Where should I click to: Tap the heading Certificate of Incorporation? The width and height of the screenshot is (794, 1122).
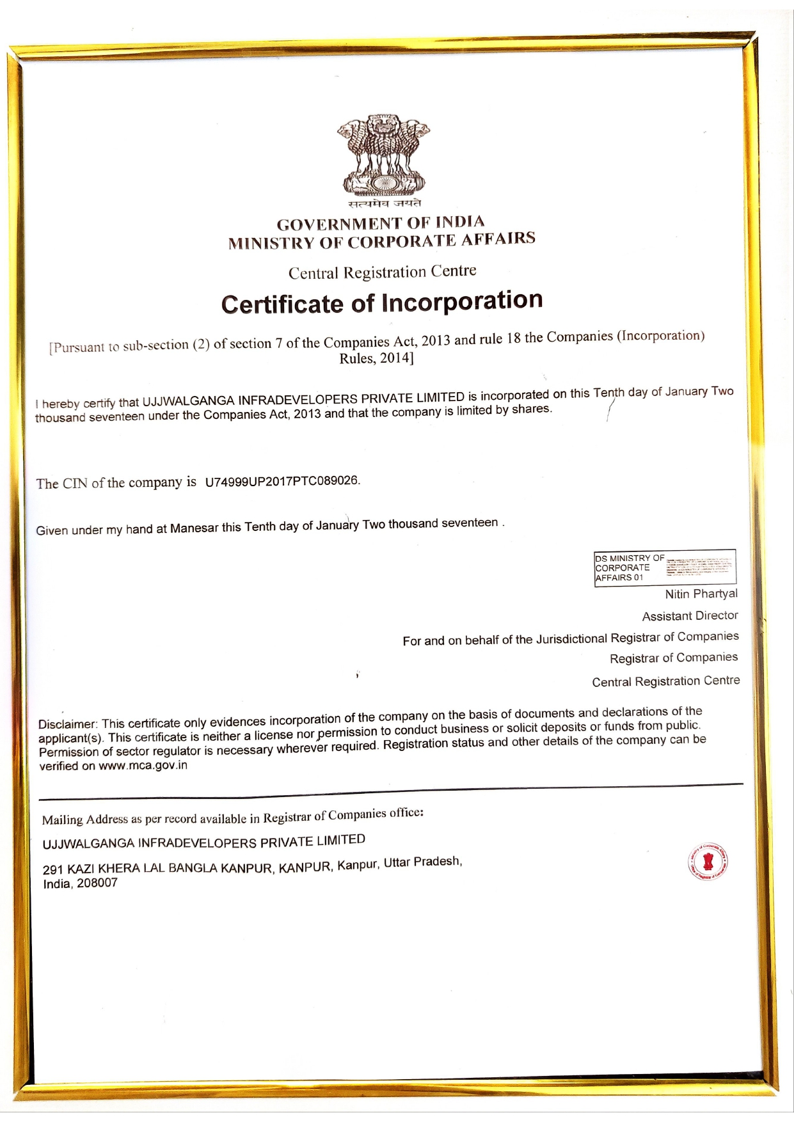point(382,302)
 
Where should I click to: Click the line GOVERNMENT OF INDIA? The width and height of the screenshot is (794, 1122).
point(381,223)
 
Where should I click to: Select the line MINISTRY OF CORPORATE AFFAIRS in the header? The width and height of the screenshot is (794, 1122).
point(382,241)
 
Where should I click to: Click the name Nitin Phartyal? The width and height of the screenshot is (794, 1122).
point(701,594)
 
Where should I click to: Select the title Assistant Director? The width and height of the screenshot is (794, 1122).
point(690,615)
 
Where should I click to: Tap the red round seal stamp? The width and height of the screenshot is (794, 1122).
point(708,862)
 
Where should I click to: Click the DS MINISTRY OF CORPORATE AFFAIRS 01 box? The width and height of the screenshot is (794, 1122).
point(665,567)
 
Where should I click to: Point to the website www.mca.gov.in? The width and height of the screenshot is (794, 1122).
point(143,766)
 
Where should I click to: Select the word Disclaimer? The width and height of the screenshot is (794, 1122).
point(67,725)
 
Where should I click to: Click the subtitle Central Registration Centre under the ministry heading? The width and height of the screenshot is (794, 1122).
point(382,273)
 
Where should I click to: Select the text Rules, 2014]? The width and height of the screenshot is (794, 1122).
point(376,358)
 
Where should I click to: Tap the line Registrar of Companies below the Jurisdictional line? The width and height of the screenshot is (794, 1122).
point(674,658)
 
